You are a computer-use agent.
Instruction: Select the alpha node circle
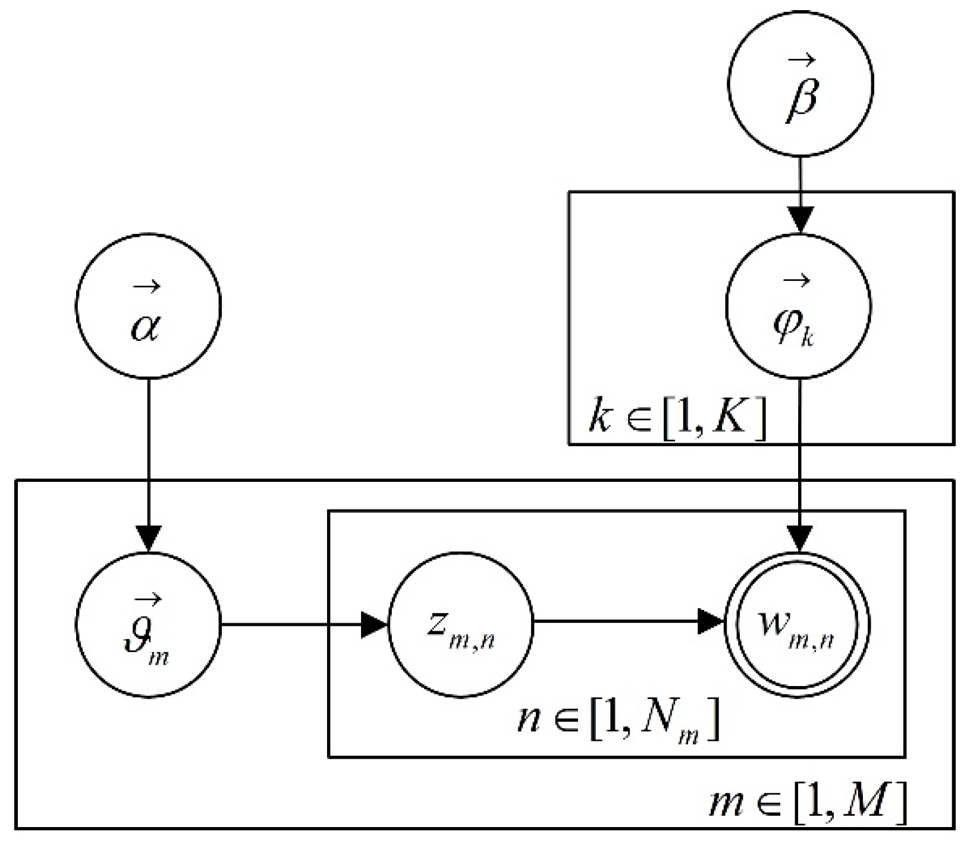[148, 307]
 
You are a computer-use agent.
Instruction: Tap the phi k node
[799, 306]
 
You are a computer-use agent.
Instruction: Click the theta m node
[148, 625]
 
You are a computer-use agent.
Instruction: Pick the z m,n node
[460, 625]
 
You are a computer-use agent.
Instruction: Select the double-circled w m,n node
[798, 625]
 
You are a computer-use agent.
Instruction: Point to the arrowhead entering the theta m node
[148, 538]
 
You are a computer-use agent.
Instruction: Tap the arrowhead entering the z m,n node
[374, 625]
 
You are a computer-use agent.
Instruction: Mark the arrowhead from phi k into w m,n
[799, 538]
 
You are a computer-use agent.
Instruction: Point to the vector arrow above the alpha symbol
[146, 287]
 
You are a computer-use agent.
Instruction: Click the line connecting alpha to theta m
[148, 452]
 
